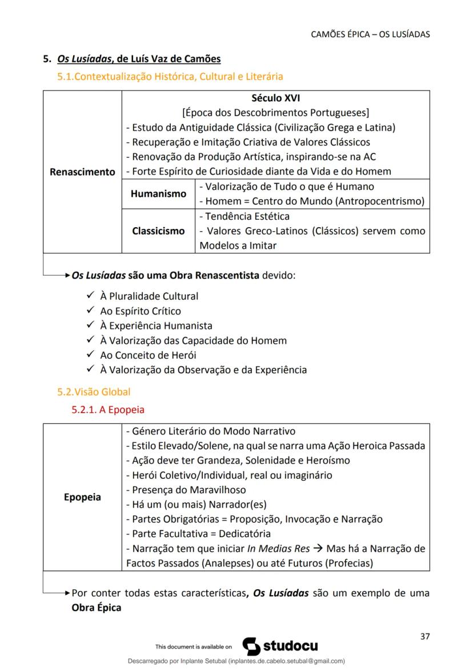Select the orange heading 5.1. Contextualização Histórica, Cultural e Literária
[x=170, y=76]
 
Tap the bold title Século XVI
[x=276, y=98]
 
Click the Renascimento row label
[x=82, y=172]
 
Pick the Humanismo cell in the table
[x=158, y=194]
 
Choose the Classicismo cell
[x=158, y=231]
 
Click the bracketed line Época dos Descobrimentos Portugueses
[x=276, y=112]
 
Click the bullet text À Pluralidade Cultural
[x=149, y=296]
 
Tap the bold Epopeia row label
[x=82, y=497]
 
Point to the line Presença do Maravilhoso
[x=186, y=490]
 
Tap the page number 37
[x=424, y=636]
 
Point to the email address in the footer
[x=286, y=661]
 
